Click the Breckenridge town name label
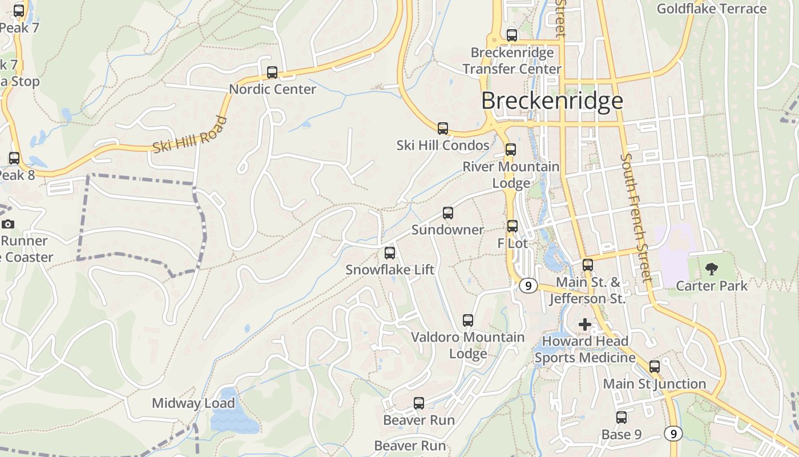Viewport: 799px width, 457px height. pyautogui.click(x=552, y=101)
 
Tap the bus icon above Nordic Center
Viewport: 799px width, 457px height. pyautogui.click(x=272, y=73)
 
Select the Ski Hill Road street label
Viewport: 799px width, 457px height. pyautogui.click(x=190, y=135)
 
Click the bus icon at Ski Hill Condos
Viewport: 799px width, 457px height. pyautogui.click(x=443, y=129)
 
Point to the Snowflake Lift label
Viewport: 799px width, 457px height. pyautogui.click(x=390, y=270)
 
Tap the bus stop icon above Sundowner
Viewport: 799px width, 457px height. pyautogui.click(x=448, y=213)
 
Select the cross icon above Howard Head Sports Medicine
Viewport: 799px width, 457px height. pyautogui.click(x=585, y=324)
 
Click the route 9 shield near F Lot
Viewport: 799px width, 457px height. pyautogui.click(x=528, y=286)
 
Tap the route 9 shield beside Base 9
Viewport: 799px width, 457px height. pyautogui.click(x=673, y=434)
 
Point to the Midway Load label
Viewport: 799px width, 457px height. pyautogui.click(x=193, y=403)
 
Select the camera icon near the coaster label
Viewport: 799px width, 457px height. pyautogui.click(x=8, y=225)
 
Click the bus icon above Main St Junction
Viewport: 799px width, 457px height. pyautogui.click(x=655, y=367)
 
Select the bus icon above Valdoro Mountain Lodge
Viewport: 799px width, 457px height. pyautogui.click(x=468, y=320)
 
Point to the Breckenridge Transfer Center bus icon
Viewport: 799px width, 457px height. pyautogui.click(x=512, y=35)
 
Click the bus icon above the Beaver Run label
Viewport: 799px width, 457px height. pyautogui.click(x=419, y=403)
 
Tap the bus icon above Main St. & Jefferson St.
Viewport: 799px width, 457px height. pyautogui.click(x=588, y=265)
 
